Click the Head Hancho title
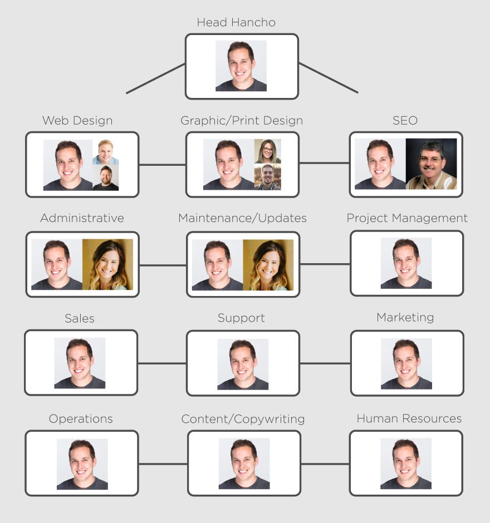click(236, 23)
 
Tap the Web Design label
click(77, 121)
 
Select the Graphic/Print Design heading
click(242, 121)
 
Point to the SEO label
click(405, 121)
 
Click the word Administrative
click(82, 218)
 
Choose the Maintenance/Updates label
click(242, 218)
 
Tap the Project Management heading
click(407, 218)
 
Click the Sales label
click(80, 318)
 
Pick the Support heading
click(241, 318)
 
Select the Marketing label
click(405, 318)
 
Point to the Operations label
click(81, 419)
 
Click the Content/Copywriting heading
click(243, 419)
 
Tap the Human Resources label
click(409, 418)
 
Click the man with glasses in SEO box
click(431, 164)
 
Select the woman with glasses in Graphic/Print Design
click(268, 151)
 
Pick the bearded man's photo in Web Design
click(106, 178)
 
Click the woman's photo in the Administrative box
click(107, 265)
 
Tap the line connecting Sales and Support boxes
click(161, 363)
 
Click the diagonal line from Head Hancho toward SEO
click(329, 78)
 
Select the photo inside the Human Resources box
click(406, 464)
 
